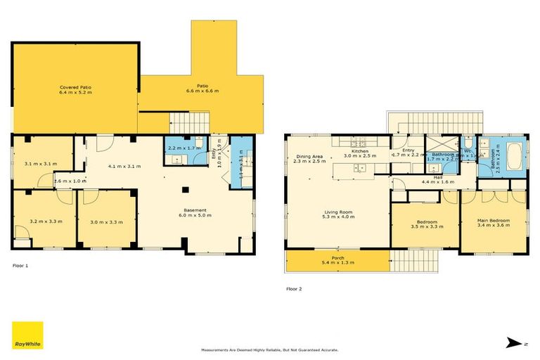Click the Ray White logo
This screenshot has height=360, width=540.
pyautogui.click(x=27, y=335)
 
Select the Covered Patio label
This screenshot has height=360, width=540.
pyautogui.click(x=75, y=89)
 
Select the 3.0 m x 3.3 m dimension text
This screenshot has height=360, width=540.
pyautogui.click(x=105, y=221)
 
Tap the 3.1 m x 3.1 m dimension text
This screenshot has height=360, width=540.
pyautogui.click(x=41, y=164)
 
